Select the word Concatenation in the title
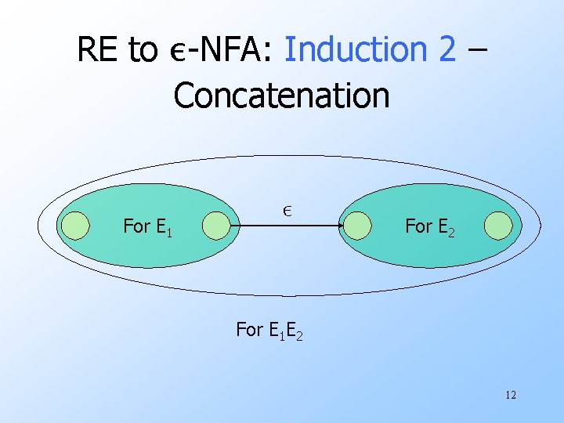click(281, 96)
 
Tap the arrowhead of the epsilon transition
click(338, 226)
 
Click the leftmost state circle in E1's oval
click(75, 226)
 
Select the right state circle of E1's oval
click(216, 226)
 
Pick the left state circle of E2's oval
click(357, 226)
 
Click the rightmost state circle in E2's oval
click(498, 226)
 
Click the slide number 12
click(511, 396)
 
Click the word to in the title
click(143, 50)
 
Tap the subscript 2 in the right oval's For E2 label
click(451, 233)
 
